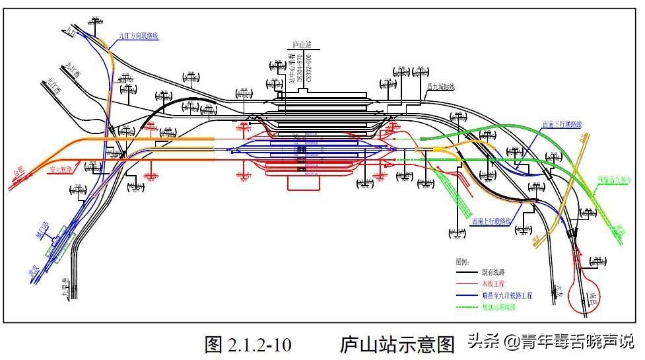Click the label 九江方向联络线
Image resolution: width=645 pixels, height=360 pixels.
pyautogui.click(x=138, y=35)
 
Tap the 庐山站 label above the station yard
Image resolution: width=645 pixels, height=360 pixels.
pyautogui.click(x=302, y=46)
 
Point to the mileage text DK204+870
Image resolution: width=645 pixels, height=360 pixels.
pyautogui.click(x=300, y=78)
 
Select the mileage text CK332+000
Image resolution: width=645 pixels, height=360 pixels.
pyautogui.click(x=308, y=78)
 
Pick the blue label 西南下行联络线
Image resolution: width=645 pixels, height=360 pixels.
pyautogui.click(x=562, y=124)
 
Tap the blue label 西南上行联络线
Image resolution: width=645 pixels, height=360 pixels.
pyautogui.click(x=492, y=221)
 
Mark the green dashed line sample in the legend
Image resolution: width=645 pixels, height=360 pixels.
pyautogui.click(x=469, y=307)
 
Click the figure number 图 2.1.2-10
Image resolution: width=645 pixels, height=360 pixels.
pyautogui.click(x=248, y=344)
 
